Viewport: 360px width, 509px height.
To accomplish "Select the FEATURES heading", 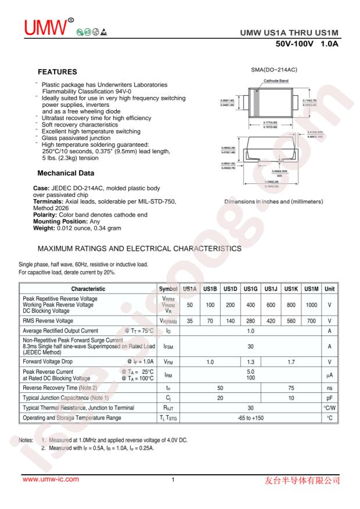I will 57,73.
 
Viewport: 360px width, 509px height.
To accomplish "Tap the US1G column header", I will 251,288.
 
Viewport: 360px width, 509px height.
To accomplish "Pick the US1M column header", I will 312,288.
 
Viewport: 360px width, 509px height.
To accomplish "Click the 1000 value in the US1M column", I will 312,304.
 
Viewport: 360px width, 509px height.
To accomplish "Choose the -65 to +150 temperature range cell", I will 251,417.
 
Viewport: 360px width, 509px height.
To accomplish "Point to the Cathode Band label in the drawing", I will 276,81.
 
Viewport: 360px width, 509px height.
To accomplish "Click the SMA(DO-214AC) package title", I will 273,70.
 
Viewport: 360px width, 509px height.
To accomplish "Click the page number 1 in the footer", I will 173,479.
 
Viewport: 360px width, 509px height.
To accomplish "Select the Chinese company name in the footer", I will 304,480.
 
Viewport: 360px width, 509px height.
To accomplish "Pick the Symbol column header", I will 167,288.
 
